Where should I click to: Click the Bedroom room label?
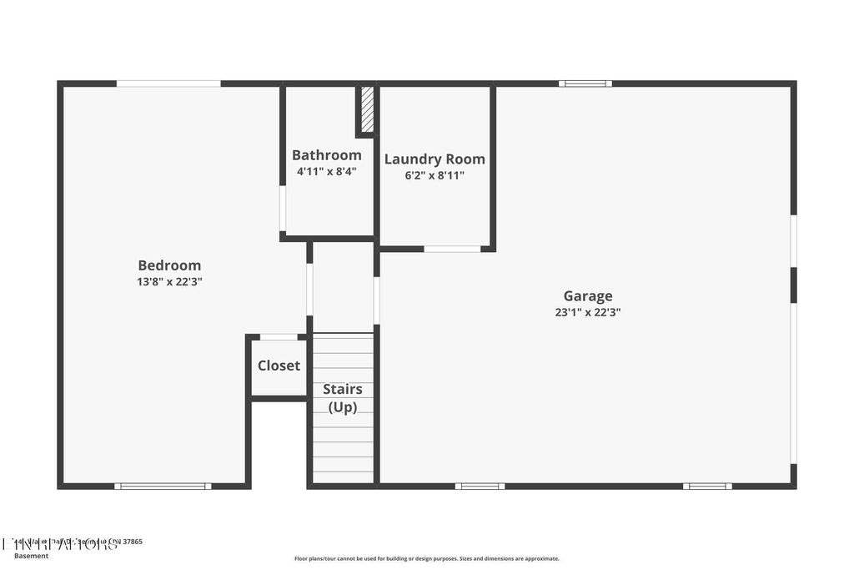169,265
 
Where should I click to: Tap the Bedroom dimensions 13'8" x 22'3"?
169,282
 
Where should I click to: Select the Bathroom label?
326,155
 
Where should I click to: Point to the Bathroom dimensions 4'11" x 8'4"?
326,172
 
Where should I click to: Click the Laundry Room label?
434,159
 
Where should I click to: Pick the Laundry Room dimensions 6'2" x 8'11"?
434,175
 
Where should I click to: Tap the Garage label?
588,295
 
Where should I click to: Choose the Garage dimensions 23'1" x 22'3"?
588,312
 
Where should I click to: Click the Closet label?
279,366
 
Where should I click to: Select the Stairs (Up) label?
342,398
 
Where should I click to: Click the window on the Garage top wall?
585,83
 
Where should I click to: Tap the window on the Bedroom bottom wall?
163,486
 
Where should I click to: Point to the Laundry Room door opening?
452,249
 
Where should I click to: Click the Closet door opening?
279,337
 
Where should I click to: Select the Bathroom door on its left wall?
283,209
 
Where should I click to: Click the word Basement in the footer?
32,556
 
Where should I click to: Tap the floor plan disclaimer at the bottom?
426,559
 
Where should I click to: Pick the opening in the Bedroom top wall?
168,83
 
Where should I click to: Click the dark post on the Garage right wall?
793,285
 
